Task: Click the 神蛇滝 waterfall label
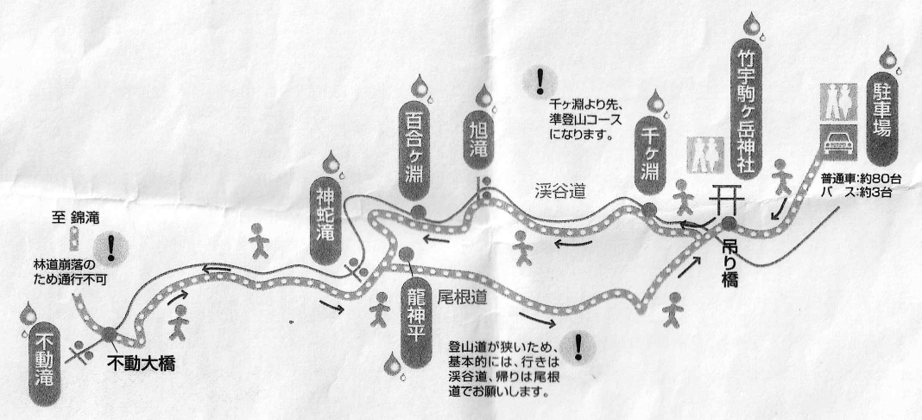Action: [325, 218]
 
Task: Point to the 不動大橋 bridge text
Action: [141, 364]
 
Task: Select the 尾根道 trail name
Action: [462, 297]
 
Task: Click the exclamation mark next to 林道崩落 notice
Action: [111, 246]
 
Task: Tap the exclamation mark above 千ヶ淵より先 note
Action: [540, 81]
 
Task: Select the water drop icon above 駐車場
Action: [887, 59]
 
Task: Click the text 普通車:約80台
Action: [857, 177]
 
